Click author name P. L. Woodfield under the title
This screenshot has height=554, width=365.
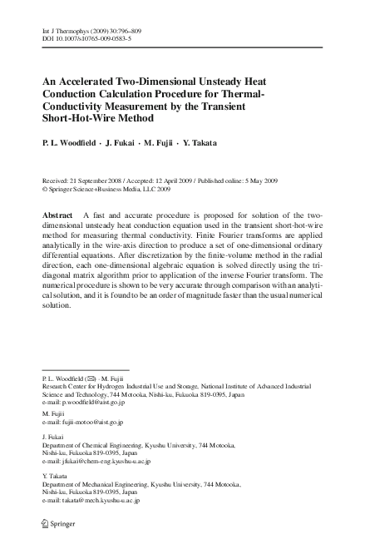coord(69,143)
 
